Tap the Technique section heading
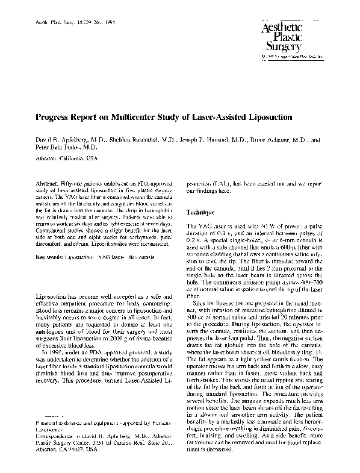pyautogui.click(x=201, y=213)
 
